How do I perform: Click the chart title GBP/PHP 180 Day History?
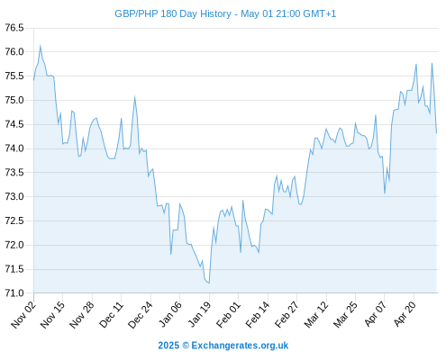[173, 13]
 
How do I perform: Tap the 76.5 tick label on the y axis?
[14, 28]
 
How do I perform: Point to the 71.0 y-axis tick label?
[14, 293]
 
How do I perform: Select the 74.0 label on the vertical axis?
[14, 148]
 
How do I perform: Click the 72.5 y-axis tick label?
[14, 220]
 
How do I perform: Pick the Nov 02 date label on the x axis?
[23, 315]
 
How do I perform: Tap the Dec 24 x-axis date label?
[141, 315]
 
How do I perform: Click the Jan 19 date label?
[199, 315]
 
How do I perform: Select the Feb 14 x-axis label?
[258, 315]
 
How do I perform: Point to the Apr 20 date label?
[405, 314]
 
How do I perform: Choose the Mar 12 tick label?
[316, 315]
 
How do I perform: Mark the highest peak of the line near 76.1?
[41, 46]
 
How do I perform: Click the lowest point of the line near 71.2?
[209, 283]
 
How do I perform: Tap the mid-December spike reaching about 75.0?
[135, 97]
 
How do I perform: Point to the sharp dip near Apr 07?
[385, 193]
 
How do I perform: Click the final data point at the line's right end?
[437, 133]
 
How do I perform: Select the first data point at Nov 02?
[33, 80]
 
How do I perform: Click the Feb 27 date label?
[287, 315]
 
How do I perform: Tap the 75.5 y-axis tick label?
[14, 76]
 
